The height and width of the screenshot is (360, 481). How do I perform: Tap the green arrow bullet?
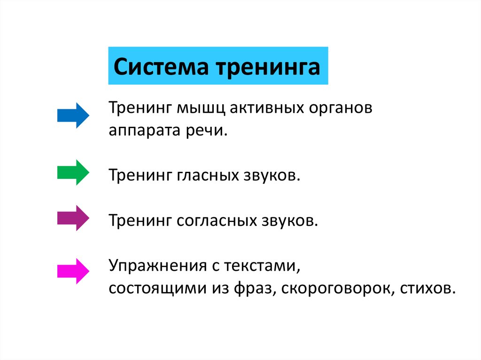[73, 172]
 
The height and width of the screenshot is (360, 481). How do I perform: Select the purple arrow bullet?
[73, 218]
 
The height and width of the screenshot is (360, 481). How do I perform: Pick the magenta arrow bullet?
[73, 271]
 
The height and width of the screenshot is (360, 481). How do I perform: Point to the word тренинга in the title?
[268, 66]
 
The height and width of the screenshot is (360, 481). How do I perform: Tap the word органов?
[340, 108]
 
